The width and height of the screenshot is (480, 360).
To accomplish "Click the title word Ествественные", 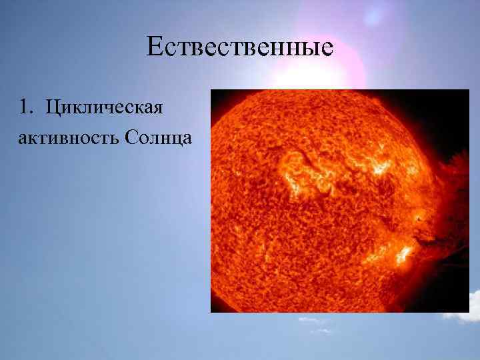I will coord(239,48).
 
